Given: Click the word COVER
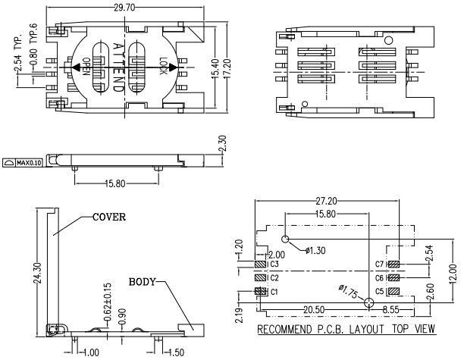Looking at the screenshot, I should (x=109, y=217).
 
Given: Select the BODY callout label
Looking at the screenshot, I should (x=143, y=281).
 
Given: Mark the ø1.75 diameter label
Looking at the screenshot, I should (x=350, y=291).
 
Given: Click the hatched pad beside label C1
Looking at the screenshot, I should (x=259, y=292).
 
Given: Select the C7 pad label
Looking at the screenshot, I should (x=381, y=265).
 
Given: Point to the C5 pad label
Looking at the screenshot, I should (x=381, y=292).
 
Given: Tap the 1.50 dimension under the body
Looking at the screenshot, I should (x=176, y=352).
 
